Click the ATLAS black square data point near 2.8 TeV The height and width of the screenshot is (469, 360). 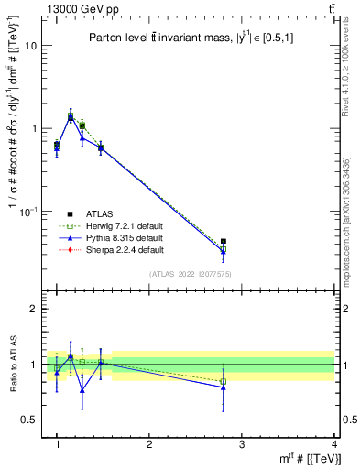coord(224,242)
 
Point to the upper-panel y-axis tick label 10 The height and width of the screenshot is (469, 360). coord(32,46)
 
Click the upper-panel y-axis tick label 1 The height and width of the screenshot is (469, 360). coord(35,128)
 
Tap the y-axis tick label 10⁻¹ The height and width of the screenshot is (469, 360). coord(30,211)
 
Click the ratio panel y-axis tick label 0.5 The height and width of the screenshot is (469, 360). coord(30,420)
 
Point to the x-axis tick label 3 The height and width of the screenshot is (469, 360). coord(242,444)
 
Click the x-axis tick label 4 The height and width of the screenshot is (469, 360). coord(333,444)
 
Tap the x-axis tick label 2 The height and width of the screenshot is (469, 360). coord(149,444)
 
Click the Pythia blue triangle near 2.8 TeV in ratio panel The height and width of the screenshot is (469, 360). coord(224,387)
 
